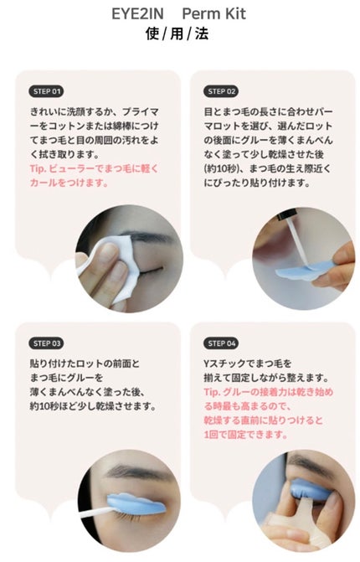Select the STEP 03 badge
click(47, 342)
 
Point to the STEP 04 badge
click(221, 342)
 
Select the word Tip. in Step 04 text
click(214, 390)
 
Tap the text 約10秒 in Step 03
click(48, 405)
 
